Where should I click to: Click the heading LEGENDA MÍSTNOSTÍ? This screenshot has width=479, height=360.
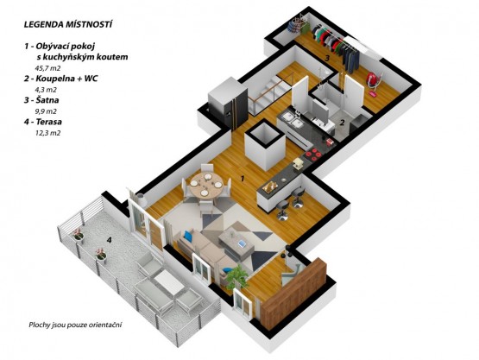[x=68, y=24]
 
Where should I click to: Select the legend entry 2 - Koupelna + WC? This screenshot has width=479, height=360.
[x=60, y=79]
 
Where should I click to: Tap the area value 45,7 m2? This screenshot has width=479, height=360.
[x=47, y=68]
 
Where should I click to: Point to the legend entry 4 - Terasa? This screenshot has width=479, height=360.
[x=43, y=122]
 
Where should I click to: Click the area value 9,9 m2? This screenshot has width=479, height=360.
[x=46, y=111]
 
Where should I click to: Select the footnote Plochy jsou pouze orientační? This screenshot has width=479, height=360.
[x=75, y=325]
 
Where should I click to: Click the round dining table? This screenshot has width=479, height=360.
[x=205, y=185]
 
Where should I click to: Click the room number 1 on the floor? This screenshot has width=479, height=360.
[x=243, y=179]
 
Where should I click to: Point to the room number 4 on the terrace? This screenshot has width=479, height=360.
[x=109, y=240]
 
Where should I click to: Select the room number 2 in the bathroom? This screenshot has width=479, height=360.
[x=342, y=123]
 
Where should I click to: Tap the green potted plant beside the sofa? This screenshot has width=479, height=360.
[x=237, y=276]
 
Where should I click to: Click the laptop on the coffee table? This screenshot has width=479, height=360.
[x=242, y=243]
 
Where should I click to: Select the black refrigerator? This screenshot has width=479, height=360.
[x=229, y=102]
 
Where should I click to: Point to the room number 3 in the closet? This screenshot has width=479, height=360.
[x=326, y=58]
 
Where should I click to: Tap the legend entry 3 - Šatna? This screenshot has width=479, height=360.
[x=41, y=100]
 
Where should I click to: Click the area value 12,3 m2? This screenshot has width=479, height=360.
[x=48, y=133]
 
